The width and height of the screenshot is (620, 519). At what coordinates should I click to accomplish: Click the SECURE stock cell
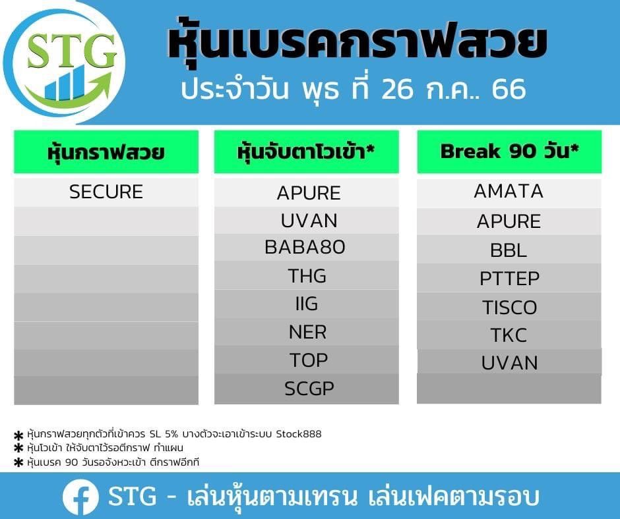tap(106, 192)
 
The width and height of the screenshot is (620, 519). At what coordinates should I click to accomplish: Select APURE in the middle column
tap(309, 193)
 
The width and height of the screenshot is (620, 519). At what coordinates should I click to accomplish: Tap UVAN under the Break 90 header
tap(509, 363)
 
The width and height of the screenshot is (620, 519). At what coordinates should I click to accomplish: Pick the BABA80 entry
tap(305, 247)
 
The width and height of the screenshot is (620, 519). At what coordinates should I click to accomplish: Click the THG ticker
tap(307, 276)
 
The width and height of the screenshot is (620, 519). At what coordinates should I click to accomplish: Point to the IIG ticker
tap(307, 304)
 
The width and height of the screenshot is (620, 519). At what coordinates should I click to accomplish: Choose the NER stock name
tap(307, 332)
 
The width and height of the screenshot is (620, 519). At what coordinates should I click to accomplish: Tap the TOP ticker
tap(309, 360)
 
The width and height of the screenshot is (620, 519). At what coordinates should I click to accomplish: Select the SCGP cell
tap(309, 389)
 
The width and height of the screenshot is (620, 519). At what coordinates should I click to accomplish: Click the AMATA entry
tap(509, 191)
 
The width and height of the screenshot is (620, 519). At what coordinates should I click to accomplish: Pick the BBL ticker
tap(509, 250)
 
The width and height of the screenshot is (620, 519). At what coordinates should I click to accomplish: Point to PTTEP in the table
tap(509, 279)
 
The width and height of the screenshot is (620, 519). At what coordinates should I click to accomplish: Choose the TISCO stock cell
tap(509, 308)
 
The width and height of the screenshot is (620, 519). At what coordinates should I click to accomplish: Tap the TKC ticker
tap(509, 335)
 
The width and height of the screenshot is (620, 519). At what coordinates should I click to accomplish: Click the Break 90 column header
tap(509, 151)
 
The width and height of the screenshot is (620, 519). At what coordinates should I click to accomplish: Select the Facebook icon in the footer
tap(80, 497)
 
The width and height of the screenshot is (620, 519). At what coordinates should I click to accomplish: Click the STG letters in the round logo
tap(72, 50)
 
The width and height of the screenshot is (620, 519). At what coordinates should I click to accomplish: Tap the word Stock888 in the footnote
tap(299, 434)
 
